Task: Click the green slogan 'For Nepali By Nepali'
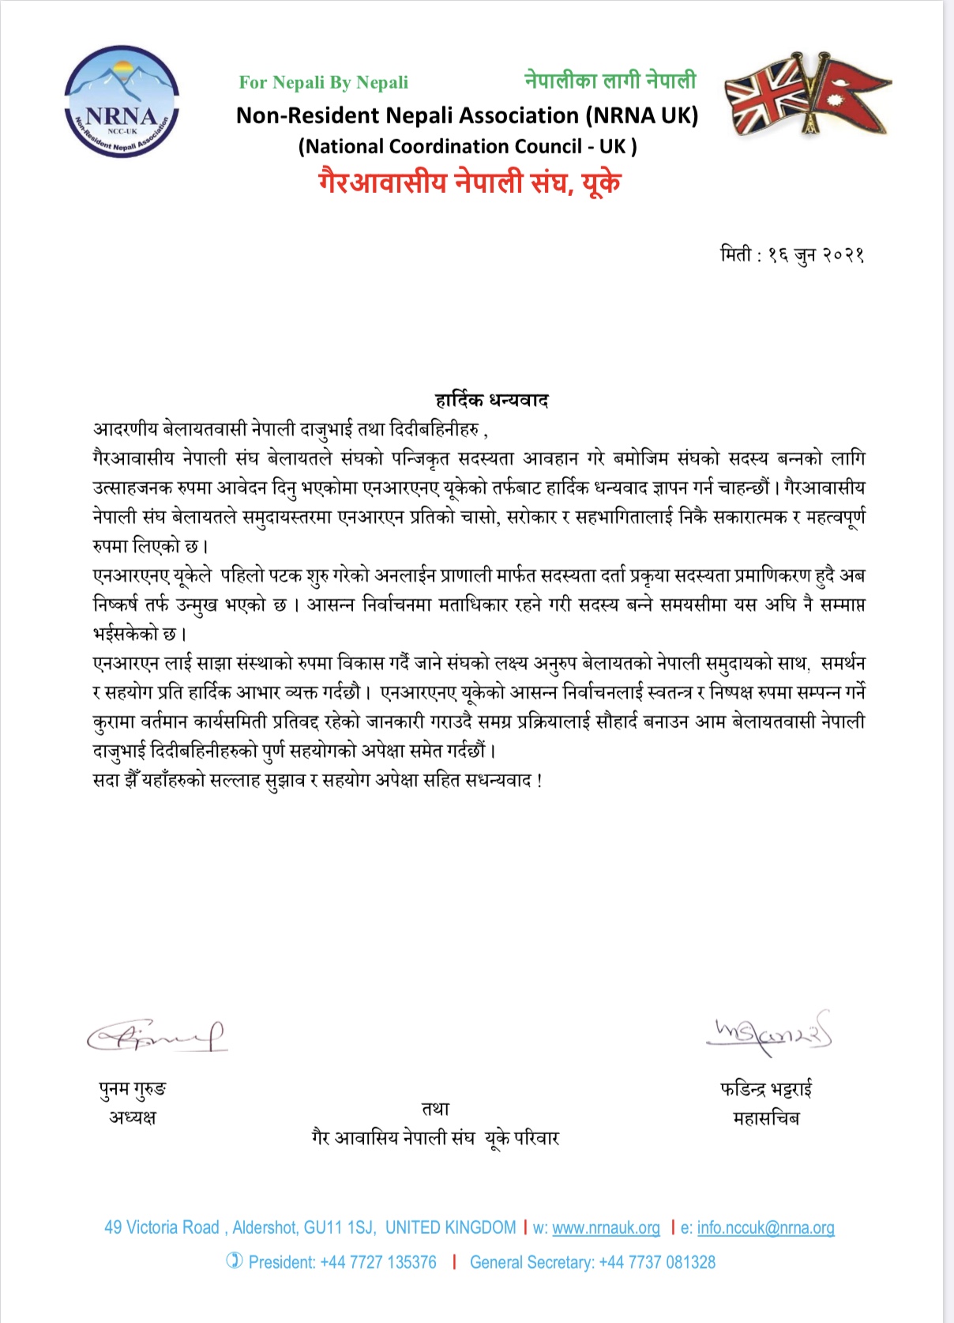[324, 83]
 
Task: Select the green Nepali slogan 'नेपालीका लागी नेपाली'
[610, 81]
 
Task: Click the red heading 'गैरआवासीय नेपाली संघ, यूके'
[469, 183]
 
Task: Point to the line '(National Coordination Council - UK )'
[468, 147]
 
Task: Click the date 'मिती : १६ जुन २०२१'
[792, 255]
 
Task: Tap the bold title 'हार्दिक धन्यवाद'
[491, 400]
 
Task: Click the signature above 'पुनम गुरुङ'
[156, 1036]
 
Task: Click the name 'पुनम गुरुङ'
[133, 1090]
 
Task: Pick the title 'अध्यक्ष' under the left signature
[133, 1118]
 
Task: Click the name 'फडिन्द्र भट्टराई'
[766, 1090]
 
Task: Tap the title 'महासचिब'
[766, 1118]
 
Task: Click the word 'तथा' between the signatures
[435, 1110]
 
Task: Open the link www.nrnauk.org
[606, 1227]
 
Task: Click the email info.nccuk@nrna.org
[765, 1227]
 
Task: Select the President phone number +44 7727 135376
[377, 1262]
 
